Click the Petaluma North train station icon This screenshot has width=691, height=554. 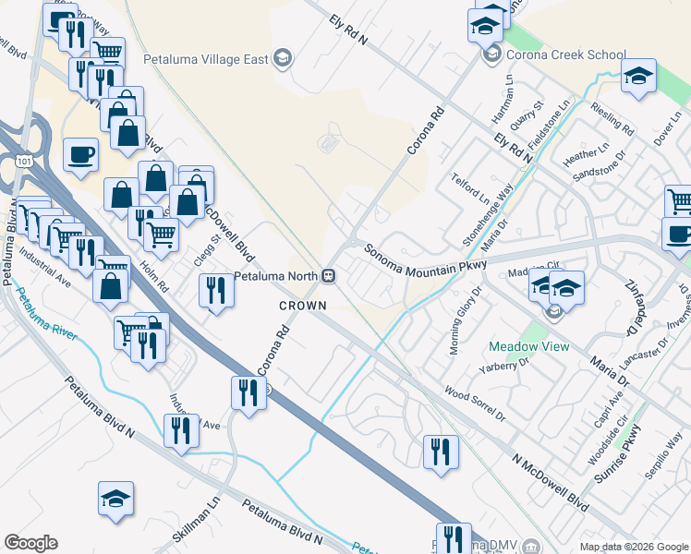(328, 275)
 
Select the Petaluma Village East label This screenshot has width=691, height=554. (206, 59)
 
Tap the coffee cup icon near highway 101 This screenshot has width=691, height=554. (80, 154)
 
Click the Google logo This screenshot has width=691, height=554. (30, 543)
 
